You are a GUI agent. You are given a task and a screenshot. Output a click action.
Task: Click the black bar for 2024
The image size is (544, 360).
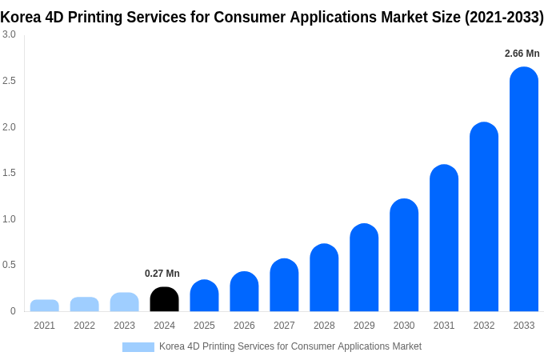click(x=164, y=299)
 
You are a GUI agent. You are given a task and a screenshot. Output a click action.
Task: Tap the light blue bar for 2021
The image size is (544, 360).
click(x=45, y=306)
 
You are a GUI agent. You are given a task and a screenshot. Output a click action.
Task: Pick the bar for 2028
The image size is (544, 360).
click(x=324, y=278)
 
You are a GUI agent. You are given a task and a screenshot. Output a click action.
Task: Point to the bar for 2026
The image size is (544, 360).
click(x=244, y=292)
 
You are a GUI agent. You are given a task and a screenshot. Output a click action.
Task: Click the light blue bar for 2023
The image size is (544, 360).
click(x=124, y=302)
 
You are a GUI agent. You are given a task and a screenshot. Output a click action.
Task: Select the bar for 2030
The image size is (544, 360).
click(x=404, y=255)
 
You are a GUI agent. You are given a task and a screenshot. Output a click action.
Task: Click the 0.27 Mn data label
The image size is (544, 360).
click(x=162, y=274)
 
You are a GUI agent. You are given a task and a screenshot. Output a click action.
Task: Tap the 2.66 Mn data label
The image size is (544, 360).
click(x=522, y=54)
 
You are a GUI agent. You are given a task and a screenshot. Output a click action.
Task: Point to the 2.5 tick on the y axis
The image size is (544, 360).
click(x=9, y=81)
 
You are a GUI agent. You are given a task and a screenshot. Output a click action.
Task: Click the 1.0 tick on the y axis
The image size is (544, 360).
click(x=9, y=219)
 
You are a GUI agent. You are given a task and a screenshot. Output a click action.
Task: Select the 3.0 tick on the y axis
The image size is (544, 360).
click(x=9, y=34)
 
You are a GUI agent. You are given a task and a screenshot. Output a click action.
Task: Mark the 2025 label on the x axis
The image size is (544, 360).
click(x=204, y=326)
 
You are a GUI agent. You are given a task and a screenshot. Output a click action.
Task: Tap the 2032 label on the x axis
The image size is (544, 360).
click(x=484, y=326)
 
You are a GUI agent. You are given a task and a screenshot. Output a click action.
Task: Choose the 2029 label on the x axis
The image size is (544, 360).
click(x=364, y=326)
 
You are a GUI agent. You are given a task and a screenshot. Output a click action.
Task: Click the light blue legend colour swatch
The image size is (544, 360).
click(x=138, y=347)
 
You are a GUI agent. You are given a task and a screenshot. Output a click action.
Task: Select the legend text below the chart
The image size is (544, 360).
click(x=290, y=346)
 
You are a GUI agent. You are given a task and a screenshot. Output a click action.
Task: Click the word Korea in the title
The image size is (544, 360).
click(x=19, y=17)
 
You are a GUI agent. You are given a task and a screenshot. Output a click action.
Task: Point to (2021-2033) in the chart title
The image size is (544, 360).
click(x=503, y=17)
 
